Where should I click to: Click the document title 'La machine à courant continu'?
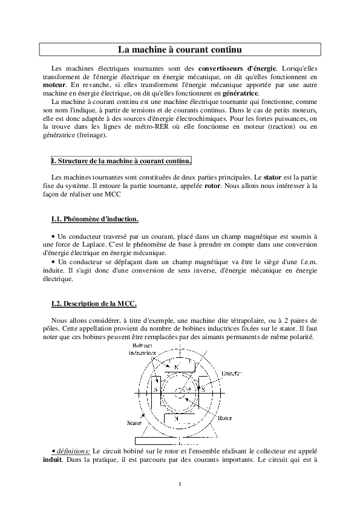(x=180, y=48)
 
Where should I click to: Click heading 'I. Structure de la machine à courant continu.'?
(x=122, y=161)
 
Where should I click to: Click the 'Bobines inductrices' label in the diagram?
(x=143, y=348)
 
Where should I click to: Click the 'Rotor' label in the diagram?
(x=225, y=417)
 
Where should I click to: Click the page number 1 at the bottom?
(x=180, y=484)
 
